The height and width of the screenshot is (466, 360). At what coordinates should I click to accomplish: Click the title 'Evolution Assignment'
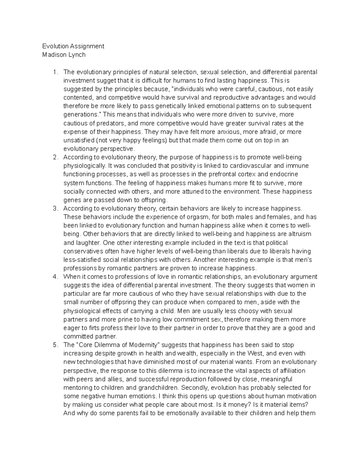73,46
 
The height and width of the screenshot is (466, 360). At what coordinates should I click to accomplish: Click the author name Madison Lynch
64,55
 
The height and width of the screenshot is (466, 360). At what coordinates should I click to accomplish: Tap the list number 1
54,72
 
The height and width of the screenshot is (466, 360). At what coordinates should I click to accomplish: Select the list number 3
54,208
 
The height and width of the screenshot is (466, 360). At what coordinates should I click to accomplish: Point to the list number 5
54,345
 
